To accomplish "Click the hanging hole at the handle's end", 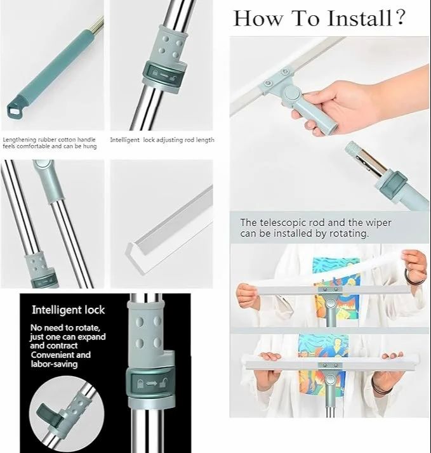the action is (x=13, y=110).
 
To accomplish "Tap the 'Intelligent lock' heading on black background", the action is (x=68, y=310).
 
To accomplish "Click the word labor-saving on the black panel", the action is (x=54, y=364).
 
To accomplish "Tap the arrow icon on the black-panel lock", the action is (x=151, y=383).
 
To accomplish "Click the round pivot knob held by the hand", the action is (x=292, y=94).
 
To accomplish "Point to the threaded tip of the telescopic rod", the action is (x=352, y=148).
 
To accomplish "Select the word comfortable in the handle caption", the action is (x=27, y=146).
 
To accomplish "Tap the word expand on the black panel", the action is (x=91, y=337).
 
